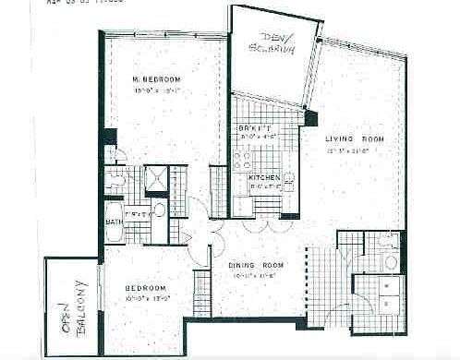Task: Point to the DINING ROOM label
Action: click(x=257, y=266)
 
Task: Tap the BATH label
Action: click(x=112, y=222)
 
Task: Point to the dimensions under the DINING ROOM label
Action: click(x=256, y=275)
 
